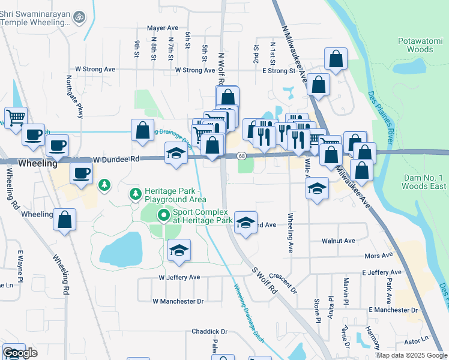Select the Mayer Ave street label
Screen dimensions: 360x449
point(163,28)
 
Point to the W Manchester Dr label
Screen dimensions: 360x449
point(179,301)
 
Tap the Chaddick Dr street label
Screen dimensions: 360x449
point(209,331)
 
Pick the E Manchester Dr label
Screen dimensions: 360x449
point(393,310)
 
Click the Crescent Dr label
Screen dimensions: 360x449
point(283,279)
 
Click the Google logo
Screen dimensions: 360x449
point(20,353)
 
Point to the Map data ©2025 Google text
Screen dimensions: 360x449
point(411,355)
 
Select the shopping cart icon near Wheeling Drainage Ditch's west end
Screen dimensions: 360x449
point(16,116)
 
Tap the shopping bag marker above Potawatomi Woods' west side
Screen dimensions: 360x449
point(336,59)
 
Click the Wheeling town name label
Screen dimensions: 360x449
point(37,163)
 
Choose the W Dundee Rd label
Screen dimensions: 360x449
point(116,160)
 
